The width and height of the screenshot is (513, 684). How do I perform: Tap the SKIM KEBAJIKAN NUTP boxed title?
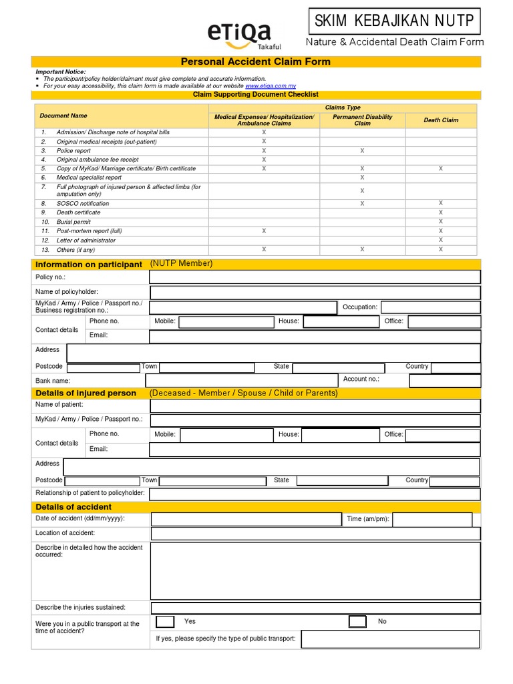395,21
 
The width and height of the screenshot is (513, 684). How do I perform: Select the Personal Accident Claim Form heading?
256,61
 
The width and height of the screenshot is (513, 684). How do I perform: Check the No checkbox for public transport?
357,622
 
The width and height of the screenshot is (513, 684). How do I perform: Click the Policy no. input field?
315,277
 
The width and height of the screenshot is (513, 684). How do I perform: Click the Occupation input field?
430,307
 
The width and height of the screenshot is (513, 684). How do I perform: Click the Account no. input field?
444,381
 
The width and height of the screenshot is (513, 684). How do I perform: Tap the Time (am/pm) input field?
437,519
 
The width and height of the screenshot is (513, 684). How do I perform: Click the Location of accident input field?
315,534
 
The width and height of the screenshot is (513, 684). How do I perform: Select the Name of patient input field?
315,406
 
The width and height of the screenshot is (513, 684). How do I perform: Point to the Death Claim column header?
441,120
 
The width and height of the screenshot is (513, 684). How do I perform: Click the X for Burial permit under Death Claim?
441,222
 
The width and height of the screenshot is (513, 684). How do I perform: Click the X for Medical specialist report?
362,178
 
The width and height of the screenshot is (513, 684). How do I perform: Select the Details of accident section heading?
73,507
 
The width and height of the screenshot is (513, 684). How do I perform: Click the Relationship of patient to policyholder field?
315,494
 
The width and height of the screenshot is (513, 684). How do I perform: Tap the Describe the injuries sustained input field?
315,608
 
